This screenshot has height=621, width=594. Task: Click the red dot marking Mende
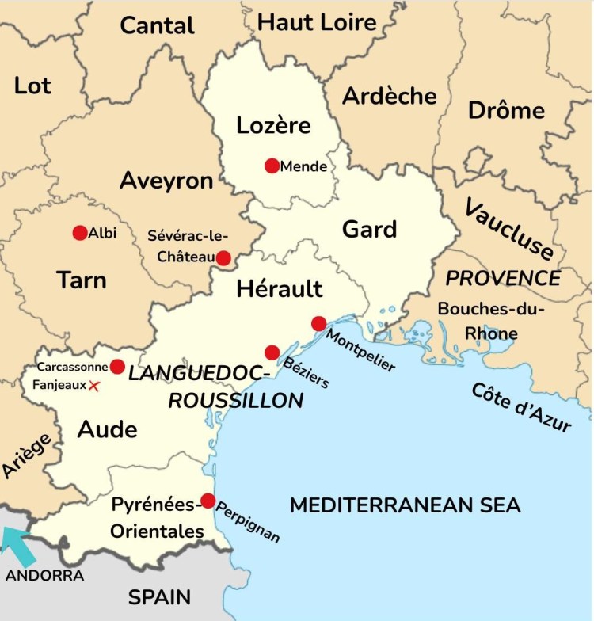pyautogui.click(x=272, y=166)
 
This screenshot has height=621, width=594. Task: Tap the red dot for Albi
pyautogui.click(x=79, y=233)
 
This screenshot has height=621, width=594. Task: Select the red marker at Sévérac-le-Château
pyautogui.click(x=223, y=258)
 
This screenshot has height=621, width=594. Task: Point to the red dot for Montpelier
pyautogui.click(x=318, y=323)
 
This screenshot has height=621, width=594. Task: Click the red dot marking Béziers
pyautogui.click(x=272, y=352)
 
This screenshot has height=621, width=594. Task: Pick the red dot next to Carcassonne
pyautogui.click(x=117, y=367)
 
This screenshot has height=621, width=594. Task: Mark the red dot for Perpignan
pyautogui.click(x=208, y=501)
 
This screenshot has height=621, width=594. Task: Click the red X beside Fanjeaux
pyautogui.click(x=94, y=386)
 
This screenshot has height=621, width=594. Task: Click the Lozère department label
pyautogui.click(x=273, y=125)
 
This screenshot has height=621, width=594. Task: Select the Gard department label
pyautogui.click(x=369, y=230)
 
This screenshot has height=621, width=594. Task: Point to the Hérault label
pyautogui.click(x=280, y=289)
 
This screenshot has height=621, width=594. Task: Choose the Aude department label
pyautogui.click(x=107, y=429)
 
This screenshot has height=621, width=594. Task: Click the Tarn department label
pyautogui.click(x=81, y=280)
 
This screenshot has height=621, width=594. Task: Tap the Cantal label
pyautogui.click(x=157, y=25)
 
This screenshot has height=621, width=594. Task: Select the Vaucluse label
pyautogui.click(x=508, y=230)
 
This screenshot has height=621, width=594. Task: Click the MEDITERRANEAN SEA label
pyautogui.click(x=405, y=505)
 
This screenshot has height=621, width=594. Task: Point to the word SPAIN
pyautogui.click(x=159, y=596)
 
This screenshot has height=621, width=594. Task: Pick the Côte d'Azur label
pyautogui.click(x=520, y=407)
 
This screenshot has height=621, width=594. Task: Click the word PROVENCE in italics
pyautogui.click(x=503, y=279)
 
